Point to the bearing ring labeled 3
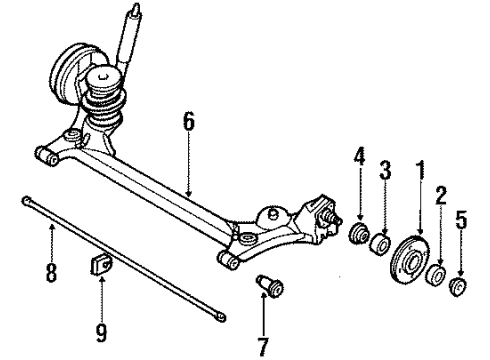(381, 246)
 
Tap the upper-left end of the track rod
(24, 201)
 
